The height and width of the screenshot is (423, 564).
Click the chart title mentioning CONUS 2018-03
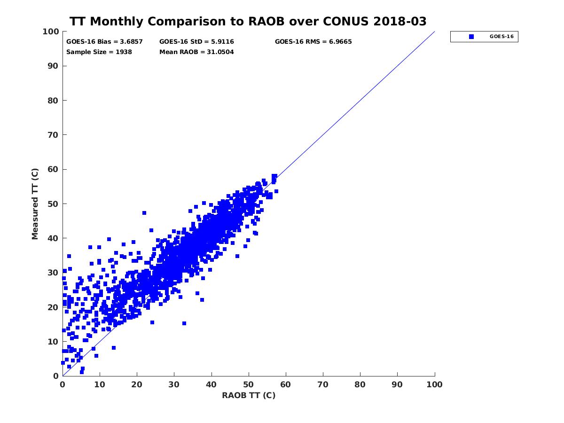click(x=248, y=22)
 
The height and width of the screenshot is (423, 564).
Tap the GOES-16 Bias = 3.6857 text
click(x=104, y=41)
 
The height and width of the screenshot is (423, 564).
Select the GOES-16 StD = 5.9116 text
click(x=196, y=41)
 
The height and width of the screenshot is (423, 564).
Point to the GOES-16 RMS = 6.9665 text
click(x=313, y=41)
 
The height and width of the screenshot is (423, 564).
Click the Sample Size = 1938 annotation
click(x=99, y=52)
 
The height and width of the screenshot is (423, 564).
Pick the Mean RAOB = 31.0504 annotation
click(x=196, y=52)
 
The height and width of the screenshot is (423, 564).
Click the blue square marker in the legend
click(x=471, y=37)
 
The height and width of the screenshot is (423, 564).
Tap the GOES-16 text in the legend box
click(x=501, y=37)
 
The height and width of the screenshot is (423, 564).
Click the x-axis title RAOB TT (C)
click(x=249, y=395)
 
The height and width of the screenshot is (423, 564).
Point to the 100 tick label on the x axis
click(x=435, y=384)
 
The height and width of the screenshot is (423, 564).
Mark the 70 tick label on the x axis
click(x=323, y=384)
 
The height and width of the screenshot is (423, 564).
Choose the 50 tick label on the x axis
click(x=249, y=384)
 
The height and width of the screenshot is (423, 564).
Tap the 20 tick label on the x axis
click(x=137, y=384)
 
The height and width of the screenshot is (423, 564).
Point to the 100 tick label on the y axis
click(x=50, y=31)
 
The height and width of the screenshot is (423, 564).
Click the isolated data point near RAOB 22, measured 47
click(x=144, y=213)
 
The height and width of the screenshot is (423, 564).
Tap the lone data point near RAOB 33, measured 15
click(x=184, y=323)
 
